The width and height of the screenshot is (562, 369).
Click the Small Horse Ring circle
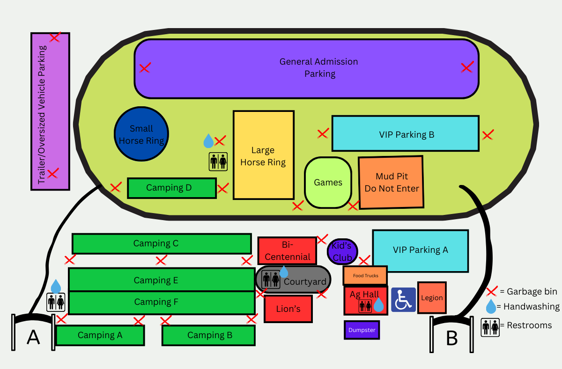pos(141,134)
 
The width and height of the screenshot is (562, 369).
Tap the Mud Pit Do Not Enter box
pos(392,182)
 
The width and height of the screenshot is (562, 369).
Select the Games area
pos(328,182)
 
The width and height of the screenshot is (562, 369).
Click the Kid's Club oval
pos(342,251)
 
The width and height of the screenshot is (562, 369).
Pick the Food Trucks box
pos(365,275)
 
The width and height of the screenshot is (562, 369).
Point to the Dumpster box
pos(362,330)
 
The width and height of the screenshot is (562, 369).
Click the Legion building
pos(431,298)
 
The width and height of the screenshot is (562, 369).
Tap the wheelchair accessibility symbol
pos(403,300)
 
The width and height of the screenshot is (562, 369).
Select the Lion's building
pos(288,309)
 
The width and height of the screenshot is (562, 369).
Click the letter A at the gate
pos(33,336)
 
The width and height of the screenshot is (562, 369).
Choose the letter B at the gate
pos(451,338)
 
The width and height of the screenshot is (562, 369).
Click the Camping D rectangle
pos(171,188)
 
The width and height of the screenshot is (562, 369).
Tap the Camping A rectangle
pos(100,335)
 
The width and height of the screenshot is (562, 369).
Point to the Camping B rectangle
pos(209,335)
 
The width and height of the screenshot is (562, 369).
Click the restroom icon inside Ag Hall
pos(365,306)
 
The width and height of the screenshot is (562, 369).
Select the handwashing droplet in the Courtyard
pos(284,272)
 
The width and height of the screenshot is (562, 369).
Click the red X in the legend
pos(491,292)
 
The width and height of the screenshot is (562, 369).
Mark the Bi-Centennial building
pos(287,251)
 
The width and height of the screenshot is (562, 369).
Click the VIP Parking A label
pos(420,250)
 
